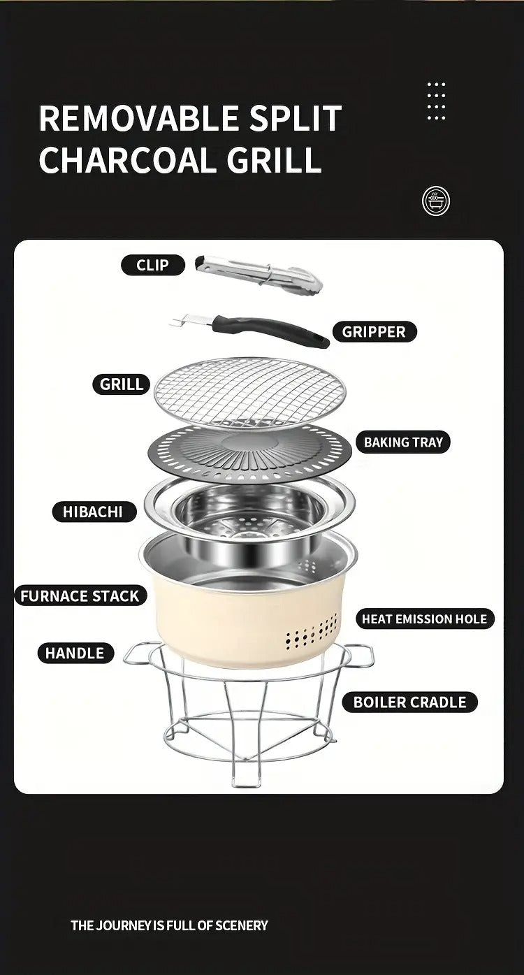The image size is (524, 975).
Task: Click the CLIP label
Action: [152, 265]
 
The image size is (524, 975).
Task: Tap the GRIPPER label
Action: [373, 332]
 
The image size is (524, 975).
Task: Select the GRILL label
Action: [121, 384]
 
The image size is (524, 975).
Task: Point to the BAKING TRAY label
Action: [403, 442]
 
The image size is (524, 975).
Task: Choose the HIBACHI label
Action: [92, 512]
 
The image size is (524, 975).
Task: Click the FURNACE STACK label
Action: [80, 596]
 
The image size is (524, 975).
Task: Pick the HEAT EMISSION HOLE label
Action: [424, 619]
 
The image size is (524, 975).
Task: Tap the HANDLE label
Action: [74, 653]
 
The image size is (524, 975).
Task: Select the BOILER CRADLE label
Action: [409, 702]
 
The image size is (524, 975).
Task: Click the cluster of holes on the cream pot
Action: [312, 630]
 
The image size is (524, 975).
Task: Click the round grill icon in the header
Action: [436, 201]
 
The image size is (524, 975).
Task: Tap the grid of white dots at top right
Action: [436, 101]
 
